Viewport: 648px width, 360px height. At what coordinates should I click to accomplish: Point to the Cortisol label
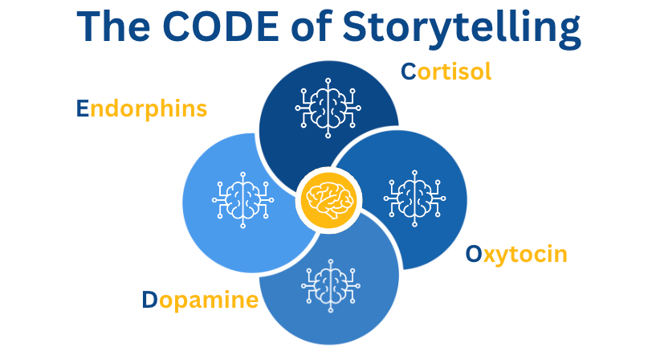[446, 72]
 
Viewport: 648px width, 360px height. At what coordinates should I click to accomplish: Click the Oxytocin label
[516, 255]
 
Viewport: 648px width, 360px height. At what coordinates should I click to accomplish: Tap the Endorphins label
[141, 108]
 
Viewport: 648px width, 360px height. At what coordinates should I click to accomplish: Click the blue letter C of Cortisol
[409, 72]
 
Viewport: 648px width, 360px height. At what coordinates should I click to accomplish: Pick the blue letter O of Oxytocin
[475, 255]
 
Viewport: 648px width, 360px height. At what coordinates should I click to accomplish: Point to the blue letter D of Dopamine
[150, 301]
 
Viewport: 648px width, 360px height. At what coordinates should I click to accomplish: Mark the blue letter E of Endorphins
[82, 108]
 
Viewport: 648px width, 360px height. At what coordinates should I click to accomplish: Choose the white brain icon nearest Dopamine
[328, 285]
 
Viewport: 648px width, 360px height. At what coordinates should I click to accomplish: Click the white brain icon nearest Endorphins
[243, 198]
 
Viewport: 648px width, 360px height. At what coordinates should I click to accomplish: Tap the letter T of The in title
[92, 28]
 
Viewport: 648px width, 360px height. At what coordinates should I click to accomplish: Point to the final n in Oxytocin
[560, 256]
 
